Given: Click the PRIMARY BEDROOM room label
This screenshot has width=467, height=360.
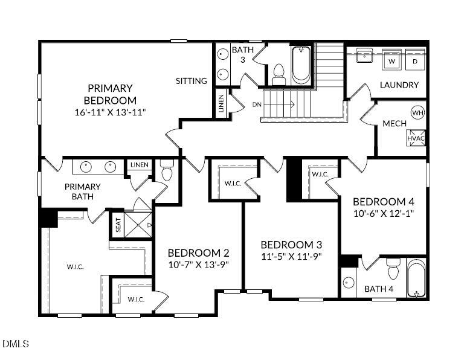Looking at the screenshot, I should tap(110, 94).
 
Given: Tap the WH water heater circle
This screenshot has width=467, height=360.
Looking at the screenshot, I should tap(417, 112).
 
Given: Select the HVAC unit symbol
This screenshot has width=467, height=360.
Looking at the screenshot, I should tap(416, 138).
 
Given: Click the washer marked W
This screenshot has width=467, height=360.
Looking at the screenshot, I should tap(391, 61).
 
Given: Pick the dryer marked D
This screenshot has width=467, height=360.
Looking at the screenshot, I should tap(415, 61).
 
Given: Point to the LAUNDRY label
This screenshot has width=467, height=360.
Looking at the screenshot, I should tap(399, 85).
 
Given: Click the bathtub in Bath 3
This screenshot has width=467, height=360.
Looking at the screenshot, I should tap(301, 65).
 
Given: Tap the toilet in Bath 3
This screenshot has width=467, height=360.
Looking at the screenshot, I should tap(279, 74).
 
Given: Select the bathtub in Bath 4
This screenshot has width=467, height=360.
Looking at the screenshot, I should tap(416, 278).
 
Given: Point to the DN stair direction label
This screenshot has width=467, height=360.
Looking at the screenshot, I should tap(257, 104).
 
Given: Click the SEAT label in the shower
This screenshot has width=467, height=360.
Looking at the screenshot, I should tap(118, 225).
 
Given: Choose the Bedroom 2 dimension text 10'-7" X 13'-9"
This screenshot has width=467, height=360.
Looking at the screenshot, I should tap(199, 264).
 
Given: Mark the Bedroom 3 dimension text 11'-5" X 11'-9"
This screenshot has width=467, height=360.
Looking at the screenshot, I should tap(291, 256).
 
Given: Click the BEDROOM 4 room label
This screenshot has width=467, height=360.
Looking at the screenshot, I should tap(383, 201).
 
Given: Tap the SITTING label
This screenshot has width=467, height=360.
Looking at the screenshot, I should tap(192, 81).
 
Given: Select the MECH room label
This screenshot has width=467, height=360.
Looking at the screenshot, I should tap(394, 124).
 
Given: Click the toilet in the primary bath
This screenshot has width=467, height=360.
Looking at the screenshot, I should tap(167, 172).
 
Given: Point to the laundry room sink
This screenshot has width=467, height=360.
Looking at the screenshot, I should tap(364, 57).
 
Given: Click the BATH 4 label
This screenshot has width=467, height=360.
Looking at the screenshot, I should tap(379, 289).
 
